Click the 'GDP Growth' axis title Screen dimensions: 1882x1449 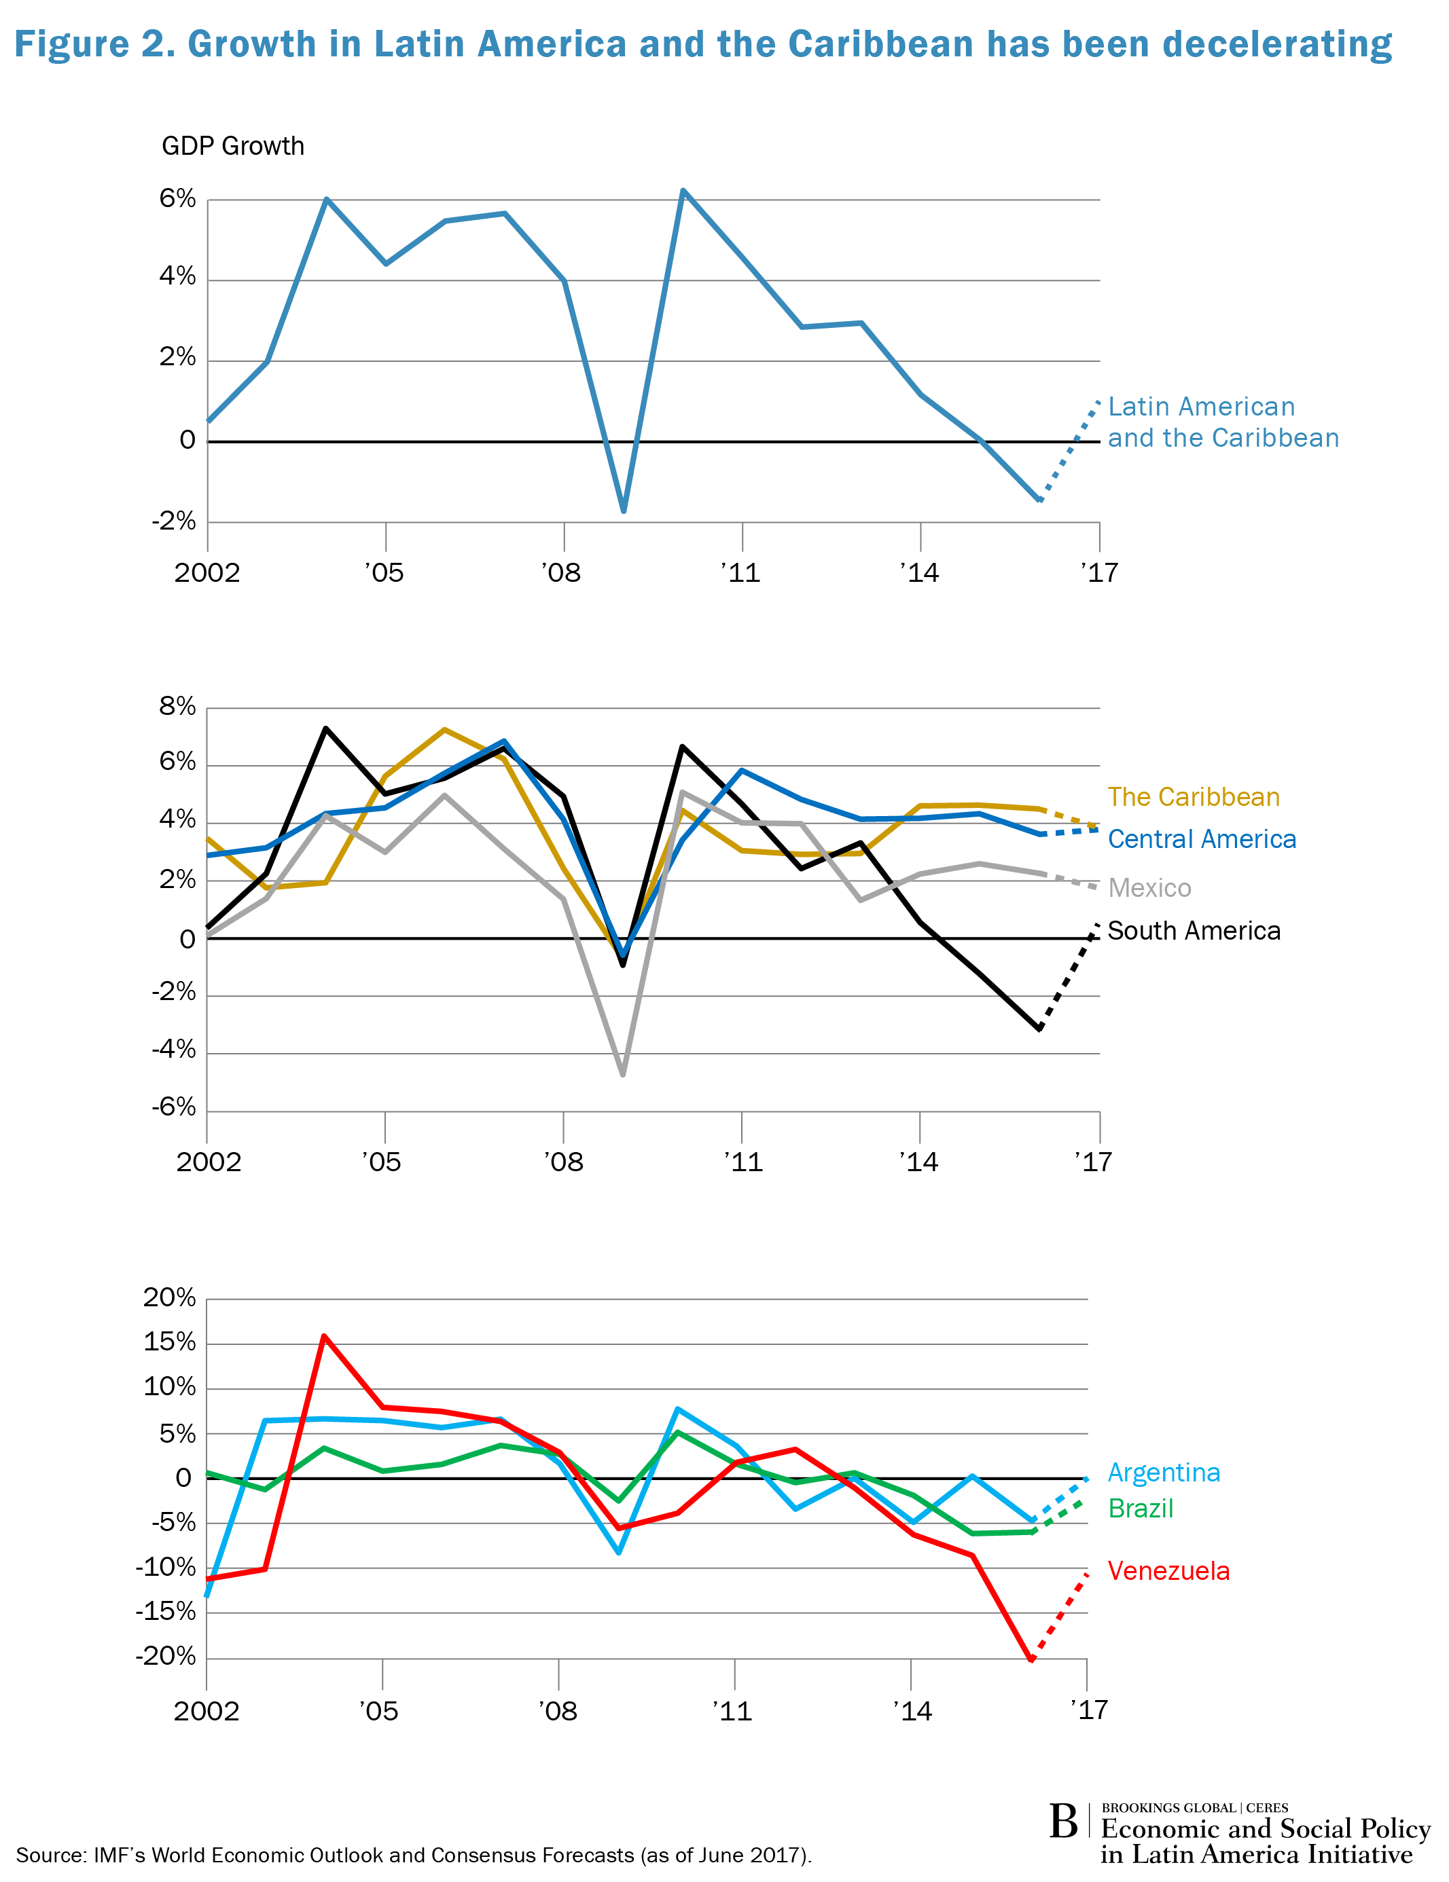coord(233,147)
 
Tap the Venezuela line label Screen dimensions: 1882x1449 coord(1168,1571)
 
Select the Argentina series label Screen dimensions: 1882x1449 coord(1164,1473)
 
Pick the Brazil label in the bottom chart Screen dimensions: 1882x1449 coord(1141,1508)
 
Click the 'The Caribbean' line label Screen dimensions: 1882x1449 coord(1193,797)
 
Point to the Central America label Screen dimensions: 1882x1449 coord(1202,839)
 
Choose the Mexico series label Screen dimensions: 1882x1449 coord(1149,887)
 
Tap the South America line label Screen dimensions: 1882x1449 coord(1194,931)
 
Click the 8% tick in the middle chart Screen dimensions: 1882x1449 coord(177,707)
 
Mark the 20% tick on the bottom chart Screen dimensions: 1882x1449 coord(170,1297)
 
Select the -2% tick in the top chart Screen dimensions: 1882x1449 coord(174,521)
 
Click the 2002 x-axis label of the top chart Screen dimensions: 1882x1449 coord(207,573)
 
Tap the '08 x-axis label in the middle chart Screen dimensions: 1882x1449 coord(564,1162)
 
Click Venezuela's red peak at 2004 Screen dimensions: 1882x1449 coord(324,1337)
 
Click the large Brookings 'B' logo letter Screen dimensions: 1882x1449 coord(1064,1822)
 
